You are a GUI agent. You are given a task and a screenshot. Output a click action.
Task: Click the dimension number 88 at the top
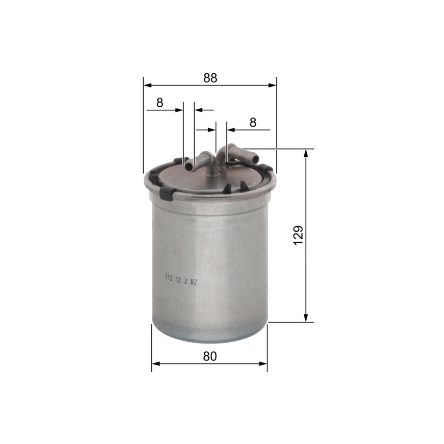pos(210,78)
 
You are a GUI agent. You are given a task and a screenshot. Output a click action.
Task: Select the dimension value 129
pos(299,236)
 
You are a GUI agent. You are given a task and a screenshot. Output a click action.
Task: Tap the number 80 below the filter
pos(210,357)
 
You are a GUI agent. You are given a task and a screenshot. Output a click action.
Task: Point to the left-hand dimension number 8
pos(160,103)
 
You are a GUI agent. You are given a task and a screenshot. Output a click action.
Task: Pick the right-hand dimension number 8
pos(253,123)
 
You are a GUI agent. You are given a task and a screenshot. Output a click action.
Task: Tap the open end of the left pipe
pos(189,167)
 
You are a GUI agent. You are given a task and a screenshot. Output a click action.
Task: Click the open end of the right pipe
pos(255,159)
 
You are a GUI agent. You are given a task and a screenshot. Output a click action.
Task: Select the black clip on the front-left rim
pos(167,194)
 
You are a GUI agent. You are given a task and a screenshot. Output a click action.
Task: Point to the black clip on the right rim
pos(266,168)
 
